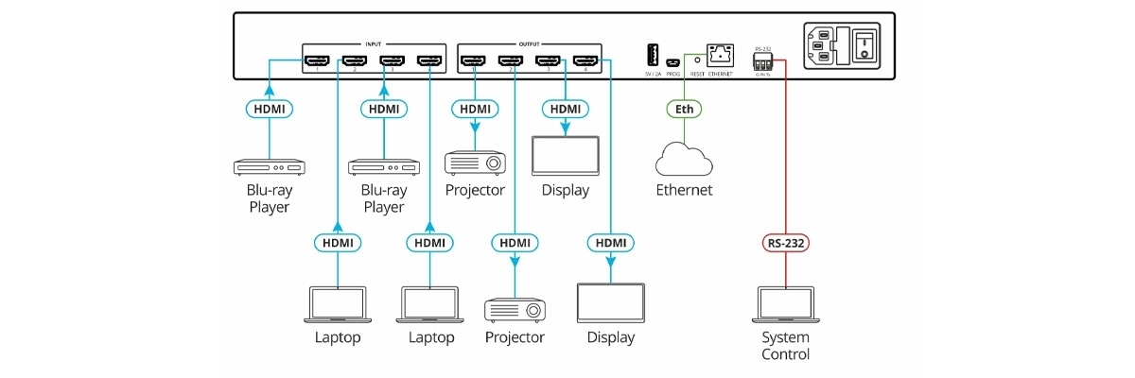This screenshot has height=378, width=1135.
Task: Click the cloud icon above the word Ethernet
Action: (x=683, y=160)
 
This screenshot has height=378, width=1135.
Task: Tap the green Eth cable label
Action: (x=685, y=110)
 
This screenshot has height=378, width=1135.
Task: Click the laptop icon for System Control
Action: (x=786, y=304)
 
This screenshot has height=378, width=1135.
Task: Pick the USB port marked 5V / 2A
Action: (x=653, y=54)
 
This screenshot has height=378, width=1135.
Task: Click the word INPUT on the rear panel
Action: (x=374, y=43)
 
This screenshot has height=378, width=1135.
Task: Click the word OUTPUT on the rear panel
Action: (x=530, y=43)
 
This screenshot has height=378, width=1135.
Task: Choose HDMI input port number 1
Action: (x=315, y=63)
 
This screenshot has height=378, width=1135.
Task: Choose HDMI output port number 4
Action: (x=584, y=63)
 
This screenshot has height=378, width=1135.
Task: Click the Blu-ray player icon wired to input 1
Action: (x=270, y=167)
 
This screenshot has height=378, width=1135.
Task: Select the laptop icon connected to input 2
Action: (x=338, y=304)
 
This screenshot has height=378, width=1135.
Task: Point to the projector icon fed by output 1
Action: (x=475, y=162)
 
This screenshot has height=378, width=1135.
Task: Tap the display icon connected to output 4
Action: (x=610, y=304)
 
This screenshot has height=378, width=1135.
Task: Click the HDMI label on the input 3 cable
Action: (x=384, y=110)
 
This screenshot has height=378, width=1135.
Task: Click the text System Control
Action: (x=786, y=346)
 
